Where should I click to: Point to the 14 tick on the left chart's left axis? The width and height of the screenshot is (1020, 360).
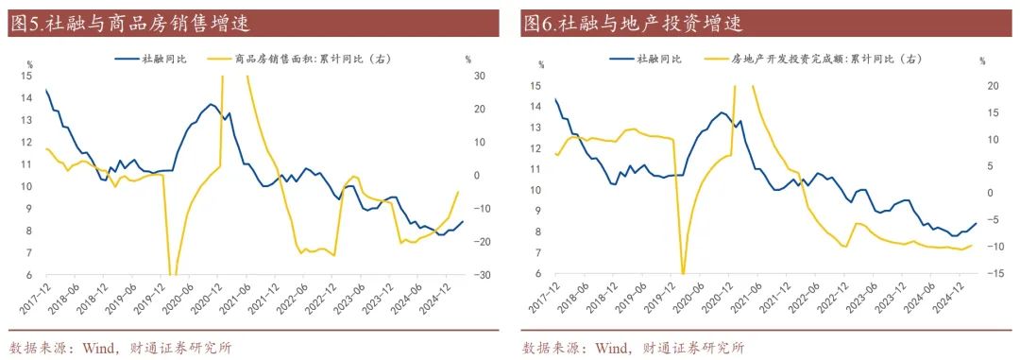click(28, 98)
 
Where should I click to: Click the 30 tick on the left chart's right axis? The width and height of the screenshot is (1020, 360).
click(479, 76)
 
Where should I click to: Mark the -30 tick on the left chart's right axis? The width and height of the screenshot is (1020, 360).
click(481, 275)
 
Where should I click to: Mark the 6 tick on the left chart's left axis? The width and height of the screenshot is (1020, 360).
click(31, 276)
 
